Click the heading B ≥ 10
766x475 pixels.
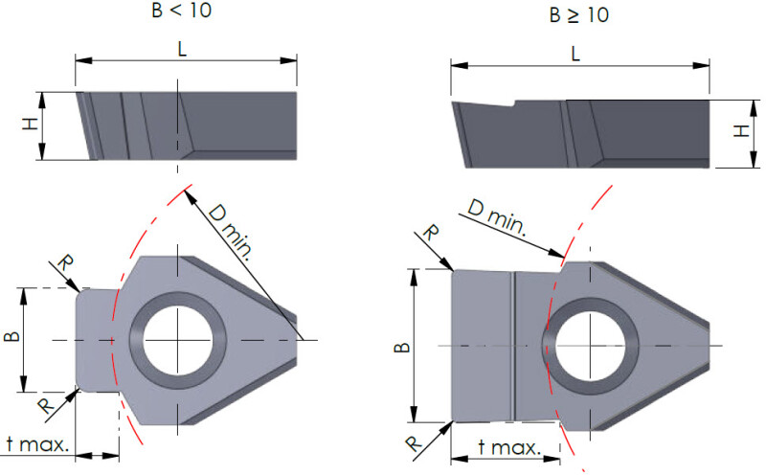point(579,15)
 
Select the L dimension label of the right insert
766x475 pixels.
point(575,54)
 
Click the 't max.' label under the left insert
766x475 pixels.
point(36,444)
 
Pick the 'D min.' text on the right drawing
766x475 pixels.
point(495,217)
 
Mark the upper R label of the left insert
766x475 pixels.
point(64,263)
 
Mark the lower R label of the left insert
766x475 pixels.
point(45,406)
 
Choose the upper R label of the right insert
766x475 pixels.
point(432,233)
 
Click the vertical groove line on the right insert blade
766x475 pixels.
point(513,345)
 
